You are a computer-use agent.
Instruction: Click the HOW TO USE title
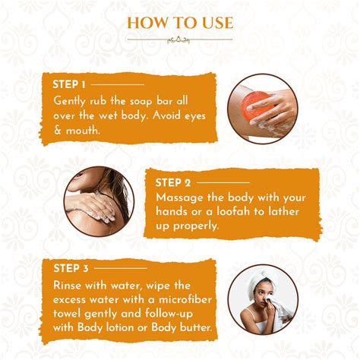[x=179, y=22]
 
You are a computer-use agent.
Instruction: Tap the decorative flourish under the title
[x=179, y=39]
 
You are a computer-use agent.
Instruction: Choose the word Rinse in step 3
[x=70, y=284]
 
